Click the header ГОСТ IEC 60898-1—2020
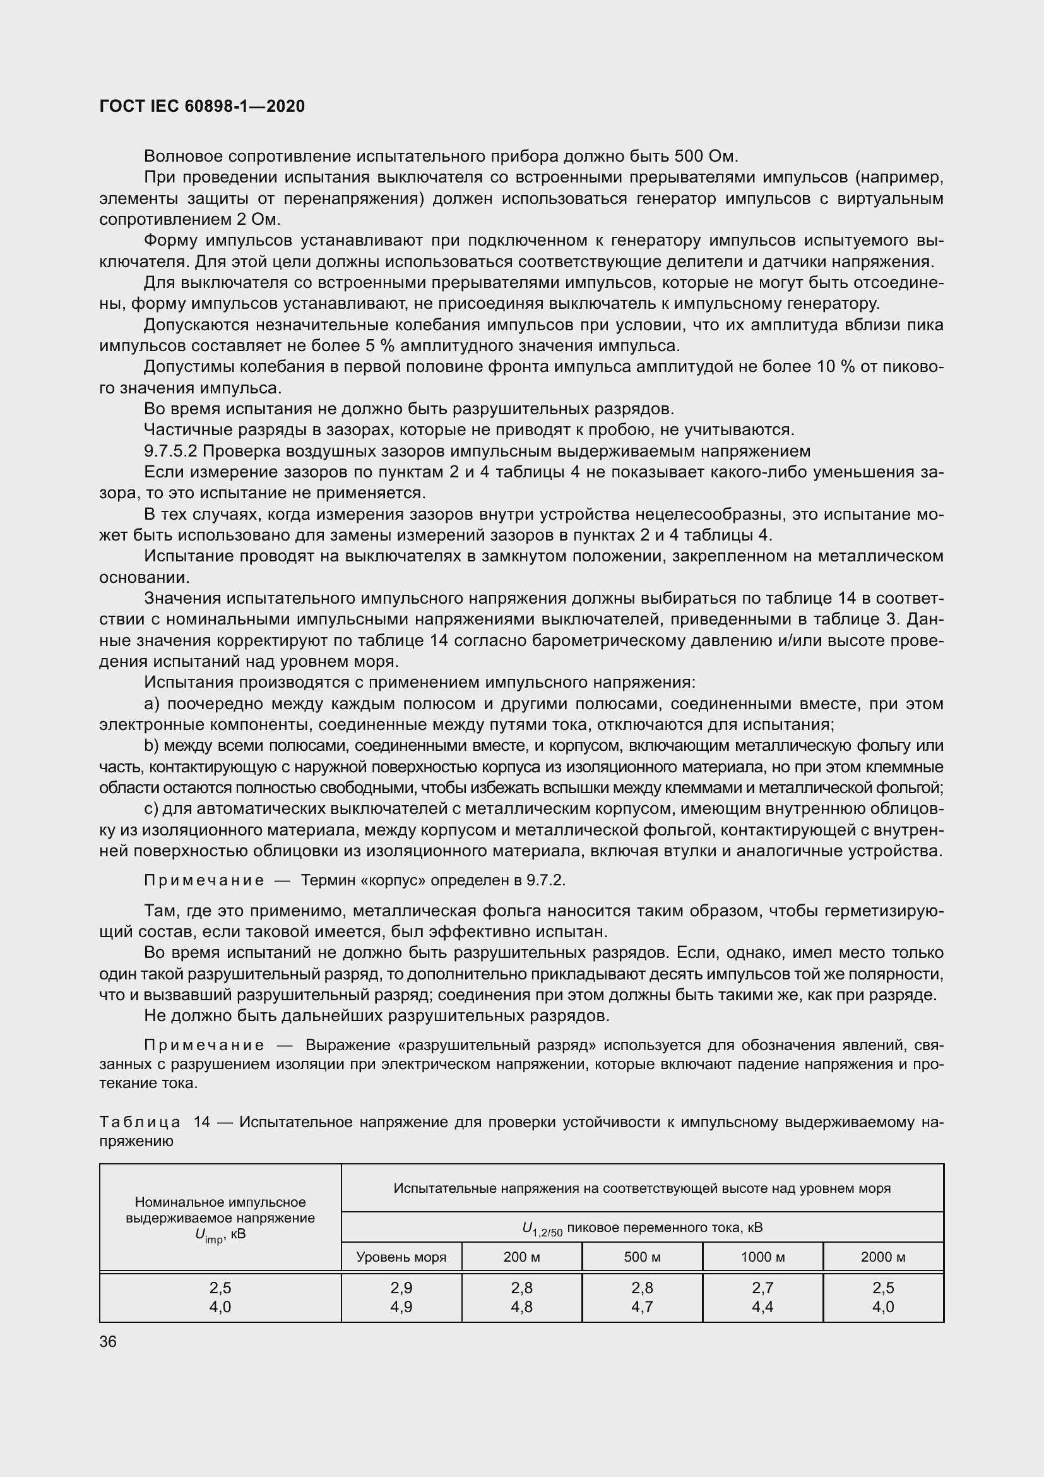202,106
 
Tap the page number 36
108,1342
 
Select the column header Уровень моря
401,1257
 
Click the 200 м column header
521,1257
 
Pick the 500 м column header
642,1257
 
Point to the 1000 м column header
762,1257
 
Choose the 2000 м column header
883,1257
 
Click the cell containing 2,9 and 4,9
401,1298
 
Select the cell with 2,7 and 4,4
762,1298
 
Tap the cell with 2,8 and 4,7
642,1298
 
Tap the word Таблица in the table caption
140,1123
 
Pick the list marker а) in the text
151,703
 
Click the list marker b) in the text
151,746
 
